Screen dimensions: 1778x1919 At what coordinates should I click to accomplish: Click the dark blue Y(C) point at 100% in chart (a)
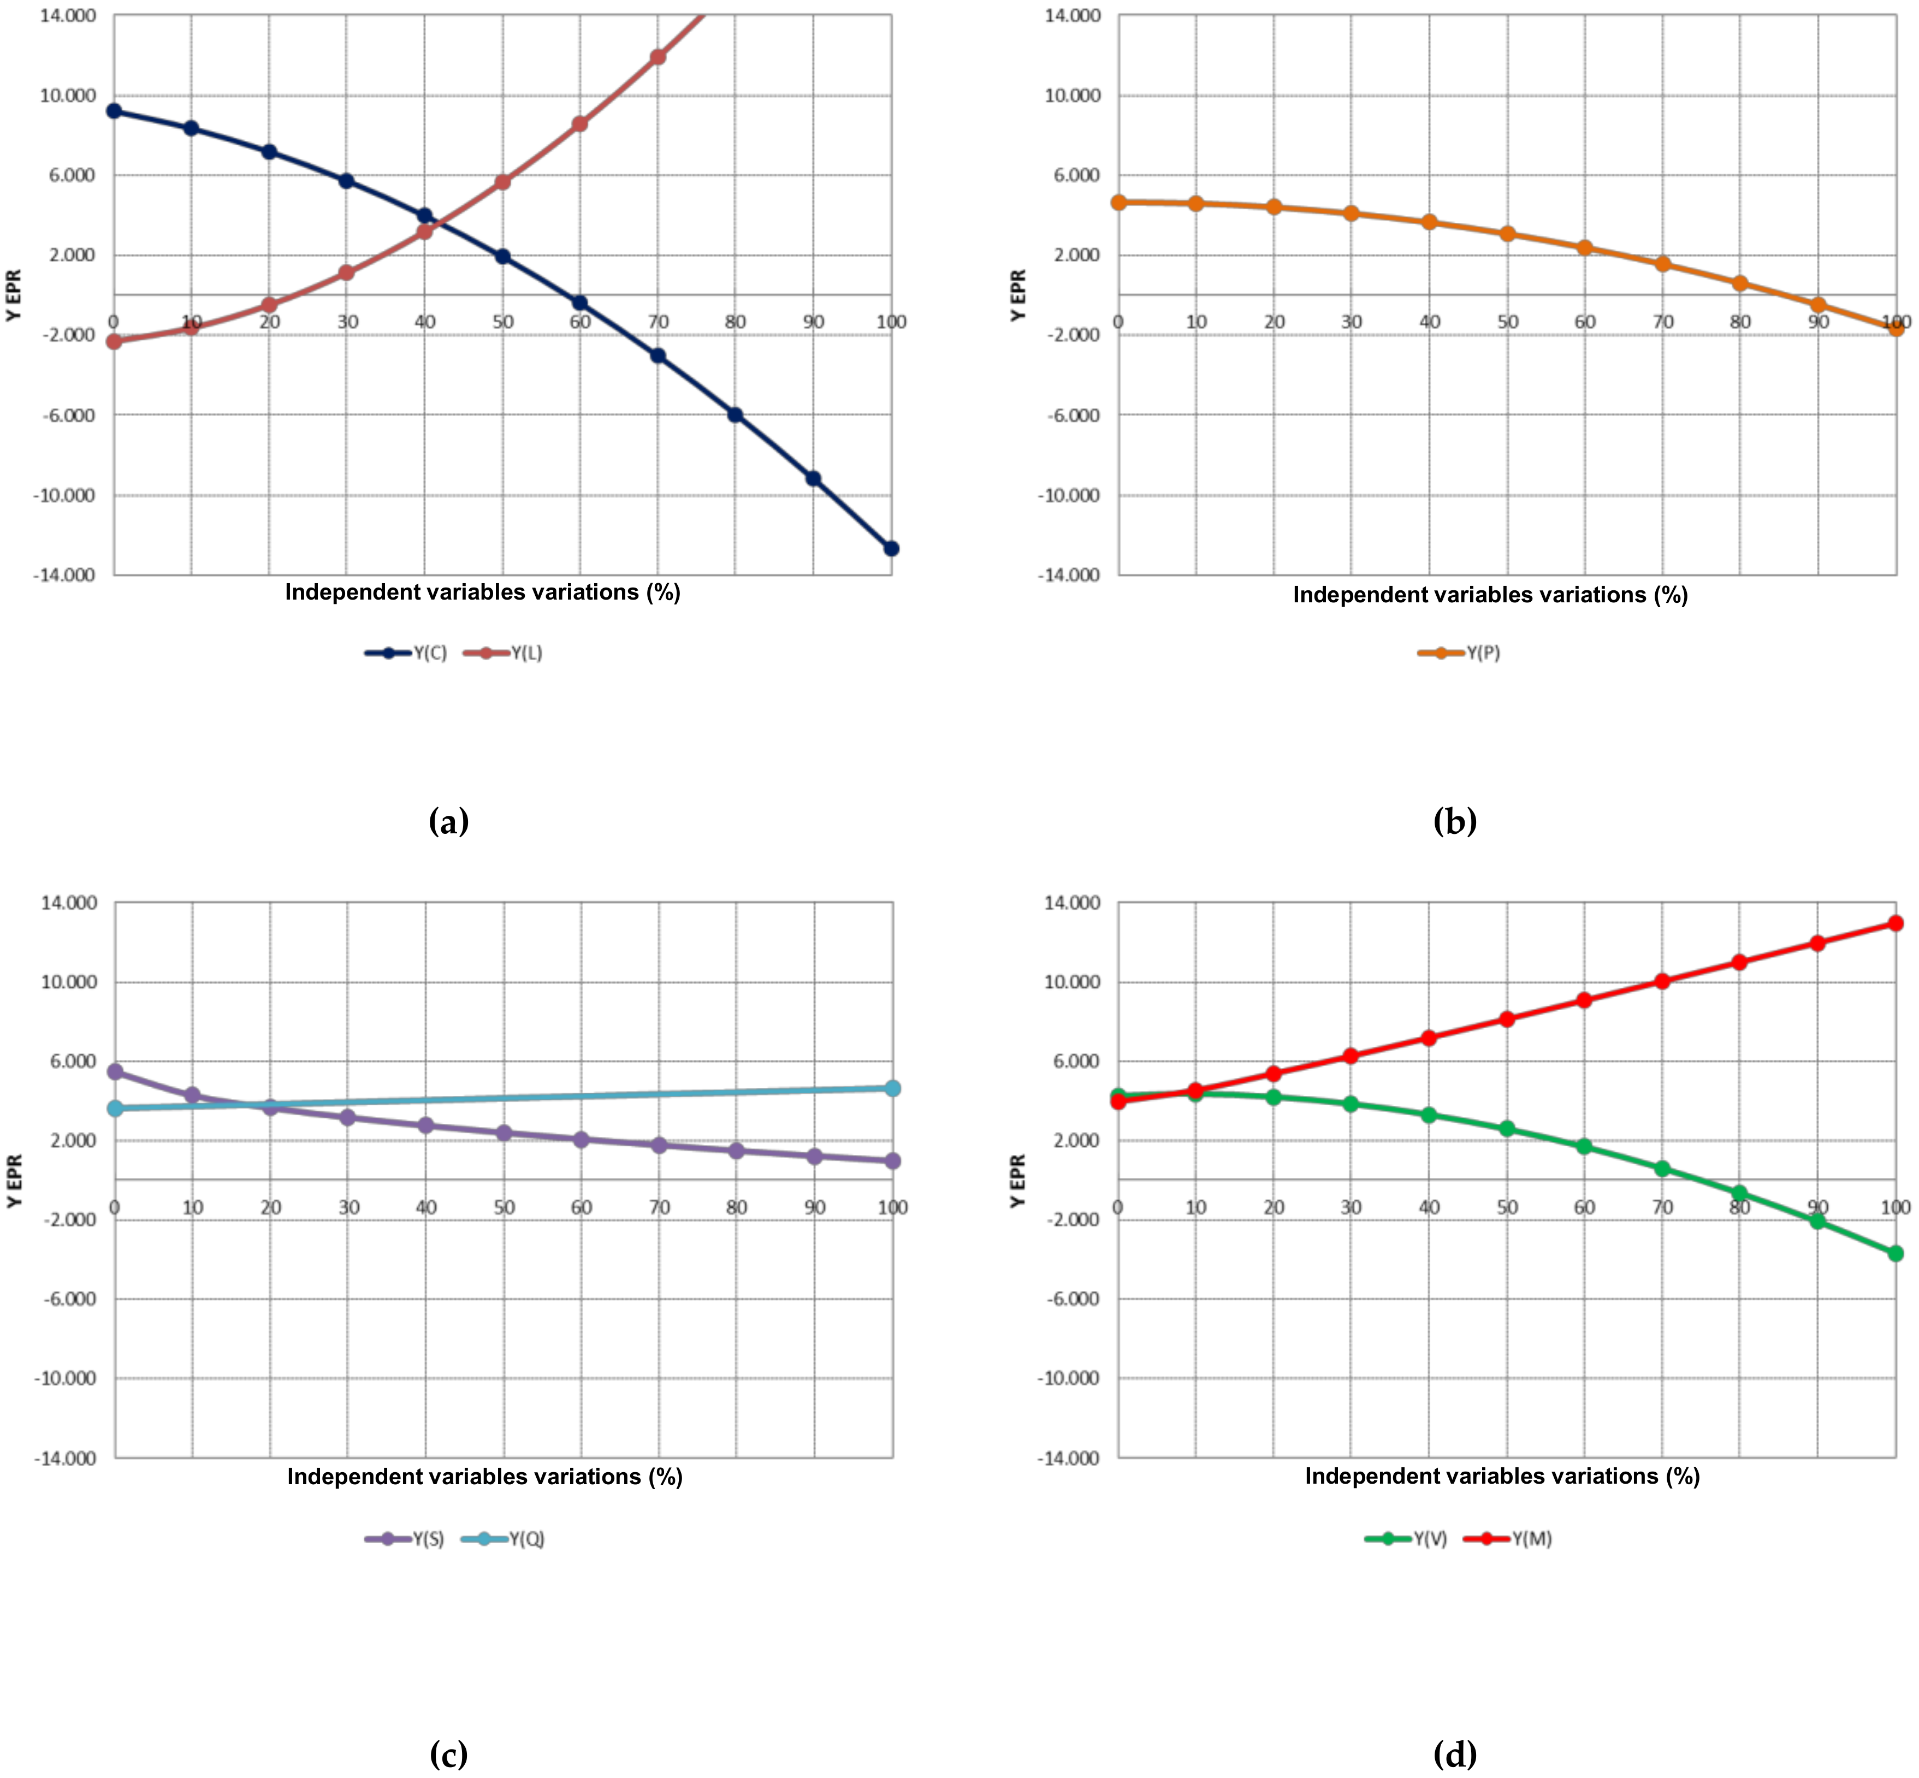click(891, 548)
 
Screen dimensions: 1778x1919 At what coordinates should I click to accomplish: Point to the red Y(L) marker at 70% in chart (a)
click(658, 57)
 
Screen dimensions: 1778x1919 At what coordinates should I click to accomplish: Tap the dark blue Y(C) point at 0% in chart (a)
click(114, 111)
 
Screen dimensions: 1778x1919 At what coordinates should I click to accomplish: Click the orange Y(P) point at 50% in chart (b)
click(1507, 234)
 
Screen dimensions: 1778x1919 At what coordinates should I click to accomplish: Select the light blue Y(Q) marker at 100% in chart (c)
click(892, 1088)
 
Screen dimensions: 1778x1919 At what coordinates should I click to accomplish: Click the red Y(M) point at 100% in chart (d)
click(1895, 923)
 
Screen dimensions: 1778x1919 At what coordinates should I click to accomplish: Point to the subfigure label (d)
click(1454, 1754)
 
